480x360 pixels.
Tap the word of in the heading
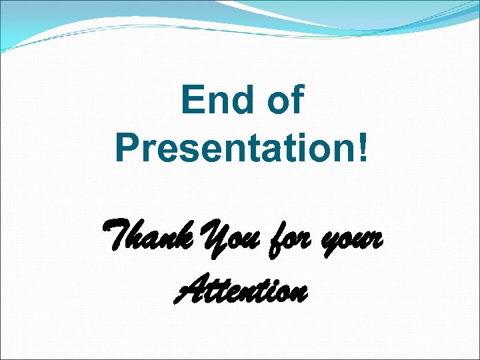point(285,101)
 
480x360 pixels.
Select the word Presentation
point(233,148)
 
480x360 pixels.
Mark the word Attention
point(241,291)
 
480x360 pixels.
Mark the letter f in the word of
point(297,100)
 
